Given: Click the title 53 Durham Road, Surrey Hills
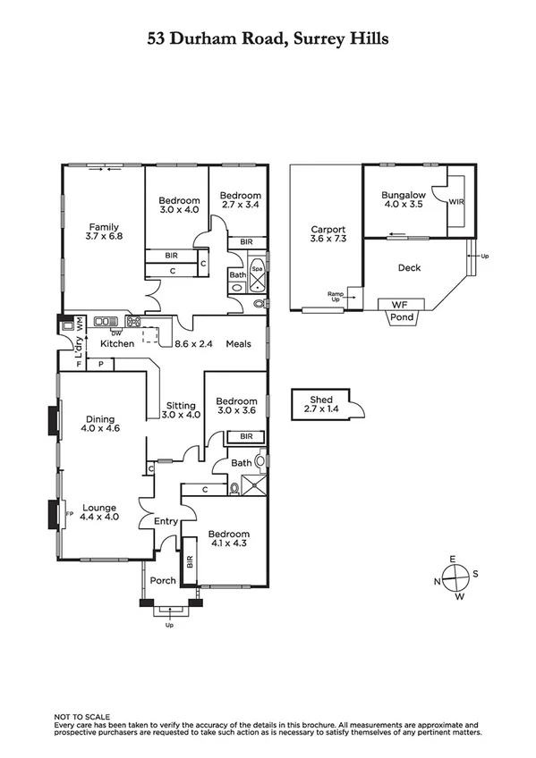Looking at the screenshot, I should coord(268,39).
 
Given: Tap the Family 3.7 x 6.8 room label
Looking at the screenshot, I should coord(104,232).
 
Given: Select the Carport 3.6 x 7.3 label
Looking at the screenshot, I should coord(328,234).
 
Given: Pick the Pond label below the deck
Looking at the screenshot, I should coord(402,317).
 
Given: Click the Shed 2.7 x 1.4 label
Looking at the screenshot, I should coord(320,404).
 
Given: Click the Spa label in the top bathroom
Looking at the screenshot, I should coord(257,268).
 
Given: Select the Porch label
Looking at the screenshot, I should coord(162,581).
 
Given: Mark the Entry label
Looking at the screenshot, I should coord(166,522).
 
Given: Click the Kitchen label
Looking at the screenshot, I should coord(117,343).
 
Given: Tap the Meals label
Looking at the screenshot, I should coord(238,343).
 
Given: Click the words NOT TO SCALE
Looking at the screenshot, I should coord(81,717).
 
